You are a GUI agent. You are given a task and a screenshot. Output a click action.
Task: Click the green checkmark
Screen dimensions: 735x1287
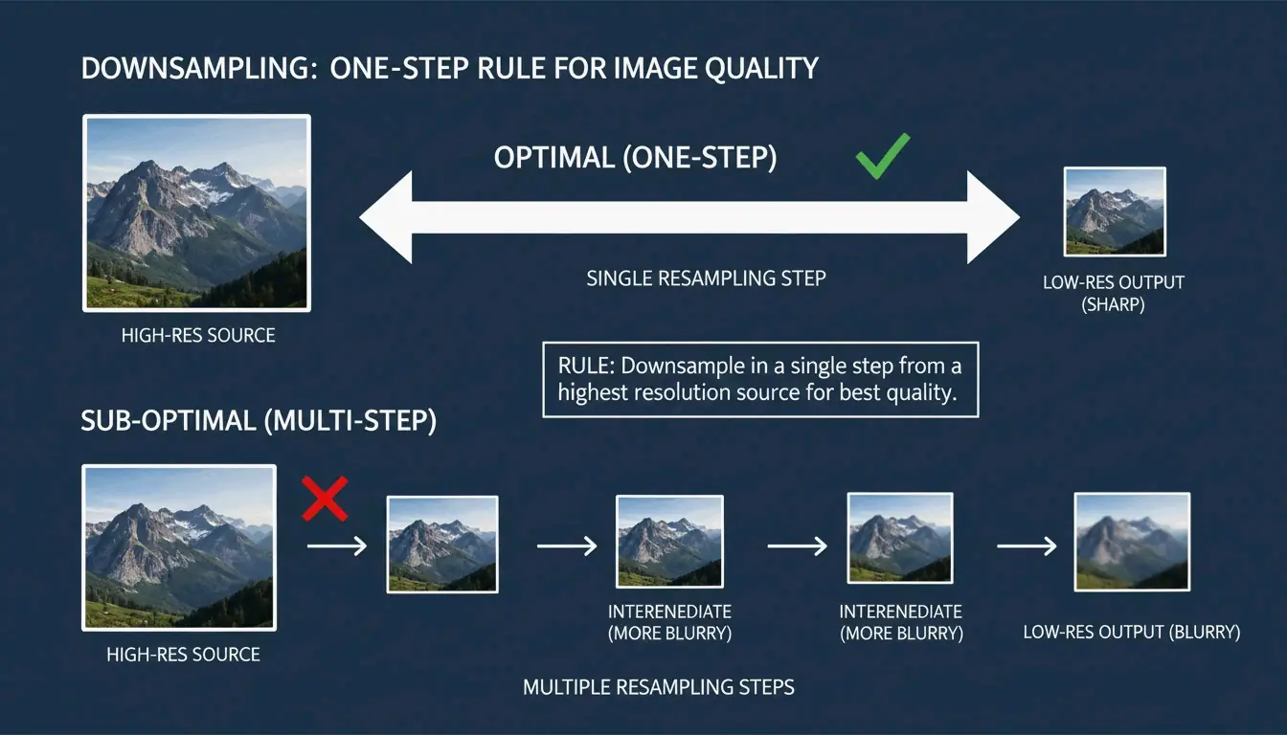(882, 157)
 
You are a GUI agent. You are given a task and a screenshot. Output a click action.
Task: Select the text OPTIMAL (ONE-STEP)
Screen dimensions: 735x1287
(635, 157)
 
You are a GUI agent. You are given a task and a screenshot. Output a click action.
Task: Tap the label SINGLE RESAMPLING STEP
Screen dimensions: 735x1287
(706, 278)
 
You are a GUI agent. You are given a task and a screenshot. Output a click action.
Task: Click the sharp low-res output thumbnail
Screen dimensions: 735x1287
(1115, 212)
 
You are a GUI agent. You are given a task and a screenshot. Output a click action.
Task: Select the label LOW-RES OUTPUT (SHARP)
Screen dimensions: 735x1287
(1114, 294)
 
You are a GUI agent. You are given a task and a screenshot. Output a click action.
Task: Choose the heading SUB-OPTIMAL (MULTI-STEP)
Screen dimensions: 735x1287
(259, 421)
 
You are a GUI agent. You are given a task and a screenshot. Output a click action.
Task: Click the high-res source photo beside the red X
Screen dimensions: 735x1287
(179, 547)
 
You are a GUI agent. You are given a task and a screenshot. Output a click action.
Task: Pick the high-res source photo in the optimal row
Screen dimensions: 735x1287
(196, 212)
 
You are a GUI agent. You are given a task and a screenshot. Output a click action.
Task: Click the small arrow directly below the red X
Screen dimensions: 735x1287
(337, 546)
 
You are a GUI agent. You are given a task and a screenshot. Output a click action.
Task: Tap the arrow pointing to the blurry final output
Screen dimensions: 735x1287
(1027, 546)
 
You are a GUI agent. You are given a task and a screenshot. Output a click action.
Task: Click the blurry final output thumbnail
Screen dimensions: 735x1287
(1132, 542)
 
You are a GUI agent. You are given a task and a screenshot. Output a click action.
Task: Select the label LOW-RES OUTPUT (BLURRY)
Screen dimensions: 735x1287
(1132, 633)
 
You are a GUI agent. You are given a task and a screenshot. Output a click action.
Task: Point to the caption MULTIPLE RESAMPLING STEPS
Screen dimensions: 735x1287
(659, 687)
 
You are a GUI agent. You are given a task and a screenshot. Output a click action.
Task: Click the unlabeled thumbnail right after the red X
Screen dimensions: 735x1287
(441, 544)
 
